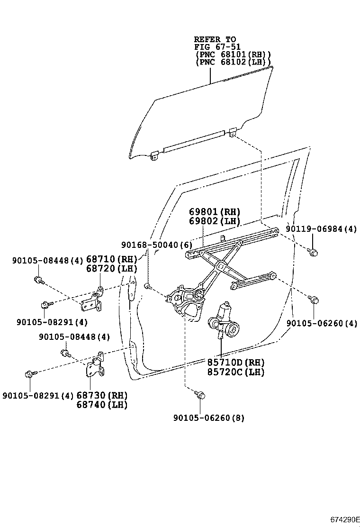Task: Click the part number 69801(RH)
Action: point(215,212)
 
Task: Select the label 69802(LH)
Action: point(215,221)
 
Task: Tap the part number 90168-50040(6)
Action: point(156,245)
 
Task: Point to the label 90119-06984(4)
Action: point(321,229)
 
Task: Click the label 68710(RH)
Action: point(111,259)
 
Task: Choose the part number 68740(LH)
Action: point(102,405)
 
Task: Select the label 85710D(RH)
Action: point(235,363)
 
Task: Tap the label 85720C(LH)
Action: point(235,372)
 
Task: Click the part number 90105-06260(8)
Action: point(209,418)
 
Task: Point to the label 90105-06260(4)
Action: point(322,324)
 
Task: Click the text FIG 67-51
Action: point(217,47)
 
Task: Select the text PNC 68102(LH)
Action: point(233,62)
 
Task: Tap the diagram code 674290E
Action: point(345,519)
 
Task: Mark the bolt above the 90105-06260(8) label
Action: point(199,394)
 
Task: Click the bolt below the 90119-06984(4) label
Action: point(312,252)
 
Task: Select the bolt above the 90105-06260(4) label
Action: point(313,300)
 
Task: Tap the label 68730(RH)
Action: point(102,395)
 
